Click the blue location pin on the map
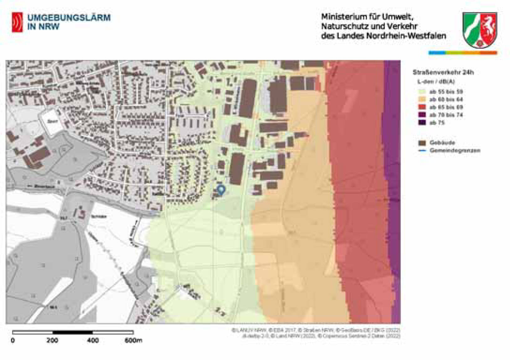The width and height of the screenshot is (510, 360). tap(221, 190)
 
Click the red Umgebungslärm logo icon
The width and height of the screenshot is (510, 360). tap(17, 22)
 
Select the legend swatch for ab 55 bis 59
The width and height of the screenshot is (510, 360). tap(422, 92)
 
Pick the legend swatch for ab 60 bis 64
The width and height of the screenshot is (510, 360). tap(422, 100)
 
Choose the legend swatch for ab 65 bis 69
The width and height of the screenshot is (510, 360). tap(422, 107)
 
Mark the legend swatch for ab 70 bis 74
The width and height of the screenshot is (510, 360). tap(422, 115)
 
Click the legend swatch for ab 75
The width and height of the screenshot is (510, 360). tap(422, 122)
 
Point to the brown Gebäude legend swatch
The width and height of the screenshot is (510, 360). tap(422, 143)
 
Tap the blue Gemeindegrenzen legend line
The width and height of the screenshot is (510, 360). tap(422, 151)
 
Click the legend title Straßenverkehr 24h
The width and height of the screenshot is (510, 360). tap(443, 73)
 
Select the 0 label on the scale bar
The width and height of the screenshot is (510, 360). tap(13, 341)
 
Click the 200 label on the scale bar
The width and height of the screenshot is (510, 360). tap(52, 341)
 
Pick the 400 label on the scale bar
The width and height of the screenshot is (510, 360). tap(93, 341)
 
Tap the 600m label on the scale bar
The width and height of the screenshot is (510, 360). tap(133, 341)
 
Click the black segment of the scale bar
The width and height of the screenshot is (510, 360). tap(73, 332)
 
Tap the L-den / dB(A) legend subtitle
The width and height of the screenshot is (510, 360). tap(436, 82)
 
